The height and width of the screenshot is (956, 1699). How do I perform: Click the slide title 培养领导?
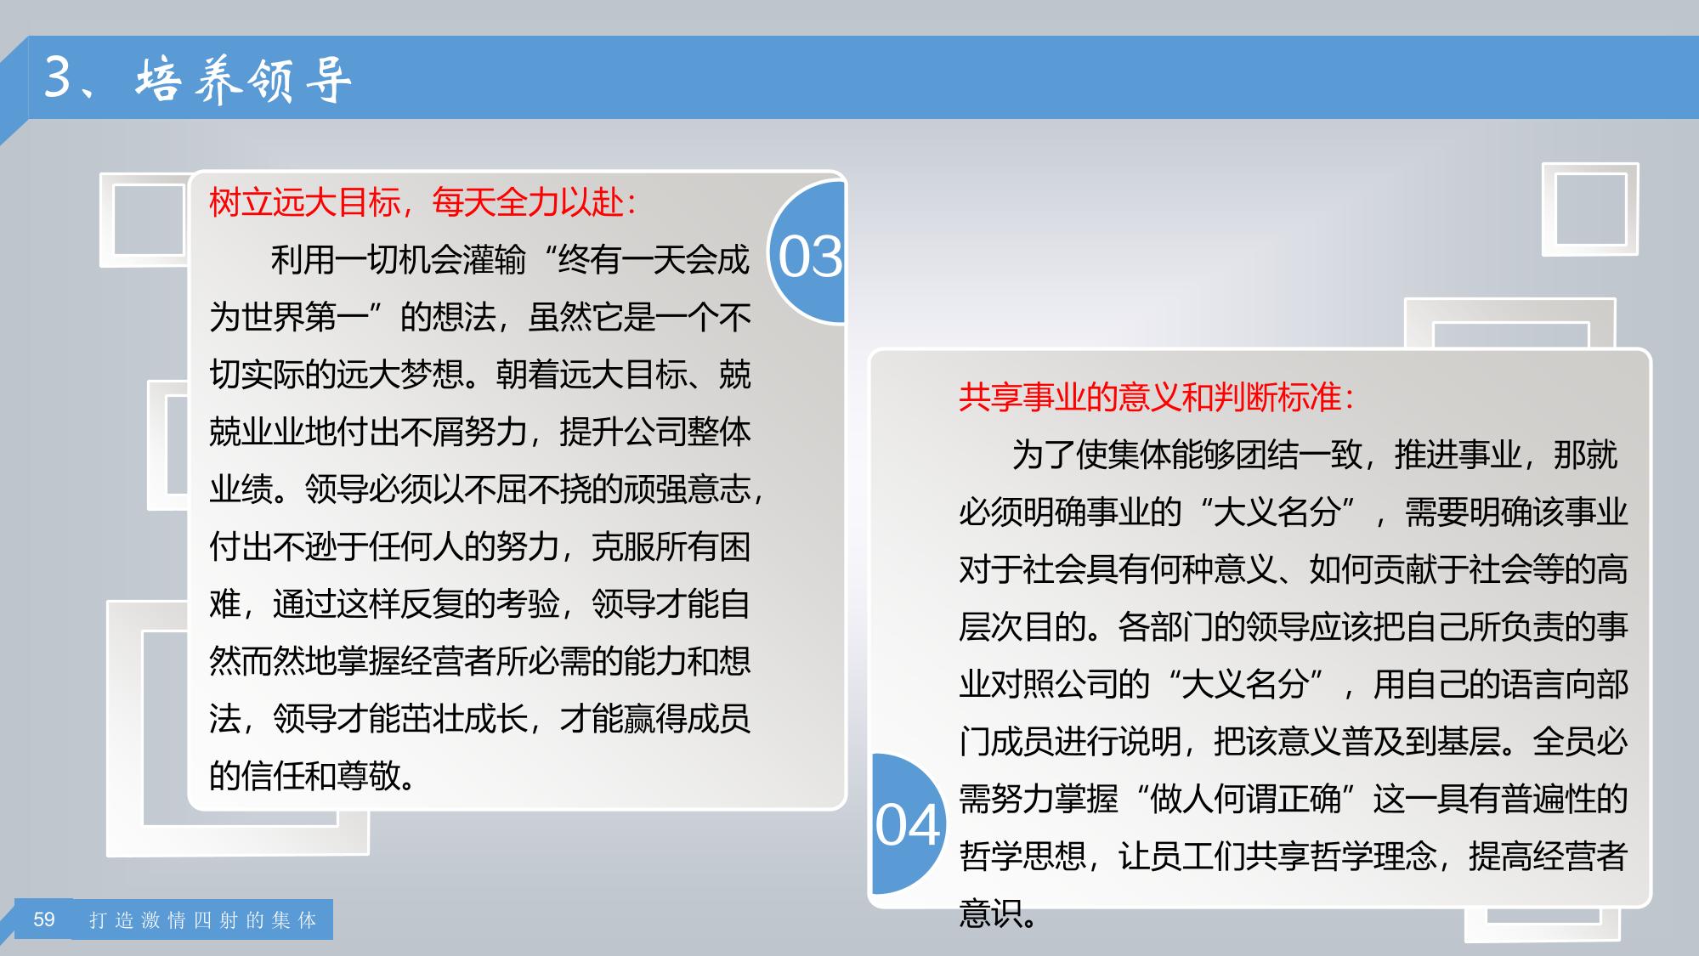243,79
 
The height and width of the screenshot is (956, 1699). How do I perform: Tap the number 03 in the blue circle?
810,257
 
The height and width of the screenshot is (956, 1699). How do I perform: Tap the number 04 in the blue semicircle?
907,825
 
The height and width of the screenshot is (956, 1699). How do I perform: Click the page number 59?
44,919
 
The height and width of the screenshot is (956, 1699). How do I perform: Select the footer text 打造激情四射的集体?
203,920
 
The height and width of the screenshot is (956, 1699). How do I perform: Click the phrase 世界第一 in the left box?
305,318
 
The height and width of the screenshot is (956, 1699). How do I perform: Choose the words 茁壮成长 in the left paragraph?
464,719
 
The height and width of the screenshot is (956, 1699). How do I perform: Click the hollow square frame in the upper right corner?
1590,210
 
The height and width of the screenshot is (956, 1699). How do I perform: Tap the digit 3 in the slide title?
57,77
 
